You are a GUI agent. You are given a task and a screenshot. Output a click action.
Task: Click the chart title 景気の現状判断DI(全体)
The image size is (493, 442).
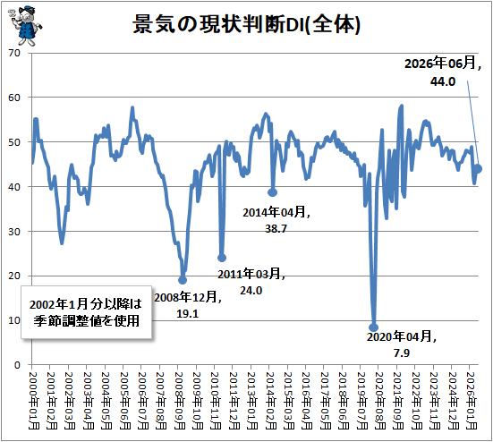[246, 24]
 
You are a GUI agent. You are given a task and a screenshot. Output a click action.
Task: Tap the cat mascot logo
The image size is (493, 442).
[25, 25]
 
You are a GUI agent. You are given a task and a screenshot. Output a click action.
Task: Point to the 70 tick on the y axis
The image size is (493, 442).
[14, 53]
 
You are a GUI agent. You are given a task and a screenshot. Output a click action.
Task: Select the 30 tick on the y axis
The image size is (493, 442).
[14, 232]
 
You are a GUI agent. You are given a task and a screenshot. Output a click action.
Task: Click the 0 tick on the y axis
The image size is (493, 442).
[17, 365]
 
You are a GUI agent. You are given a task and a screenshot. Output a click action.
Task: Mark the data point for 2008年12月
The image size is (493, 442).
[183, 280]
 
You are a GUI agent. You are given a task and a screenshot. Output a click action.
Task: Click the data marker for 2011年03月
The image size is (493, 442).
[222, 258]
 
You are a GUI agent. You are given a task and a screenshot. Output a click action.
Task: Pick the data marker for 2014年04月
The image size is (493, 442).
[272, 192]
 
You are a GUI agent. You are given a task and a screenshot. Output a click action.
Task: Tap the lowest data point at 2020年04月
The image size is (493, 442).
[373, 327]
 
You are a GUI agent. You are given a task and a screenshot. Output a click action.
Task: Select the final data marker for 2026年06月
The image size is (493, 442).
[478, 169]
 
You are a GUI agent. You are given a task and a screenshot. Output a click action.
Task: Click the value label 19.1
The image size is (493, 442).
[187, 314]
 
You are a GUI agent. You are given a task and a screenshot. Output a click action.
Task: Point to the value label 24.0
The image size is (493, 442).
[251, 291]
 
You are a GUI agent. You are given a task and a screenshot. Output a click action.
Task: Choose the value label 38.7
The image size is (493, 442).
[276, 228]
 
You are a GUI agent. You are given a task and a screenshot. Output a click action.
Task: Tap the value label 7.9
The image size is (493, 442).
[402, 353]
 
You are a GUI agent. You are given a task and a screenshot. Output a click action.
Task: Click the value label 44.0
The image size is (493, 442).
[443, 81]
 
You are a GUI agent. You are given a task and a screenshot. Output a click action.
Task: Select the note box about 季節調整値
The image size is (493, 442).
[86, 312]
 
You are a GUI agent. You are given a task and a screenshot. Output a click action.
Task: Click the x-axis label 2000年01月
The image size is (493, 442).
[32, 401]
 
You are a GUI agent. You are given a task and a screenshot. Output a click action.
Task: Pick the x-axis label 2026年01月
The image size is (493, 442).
[471, 401]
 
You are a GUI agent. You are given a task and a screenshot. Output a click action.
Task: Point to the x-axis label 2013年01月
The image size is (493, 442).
[251, 401]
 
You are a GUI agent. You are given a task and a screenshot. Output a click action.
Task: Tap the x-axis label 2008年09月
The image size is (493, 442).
[179, 401]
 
